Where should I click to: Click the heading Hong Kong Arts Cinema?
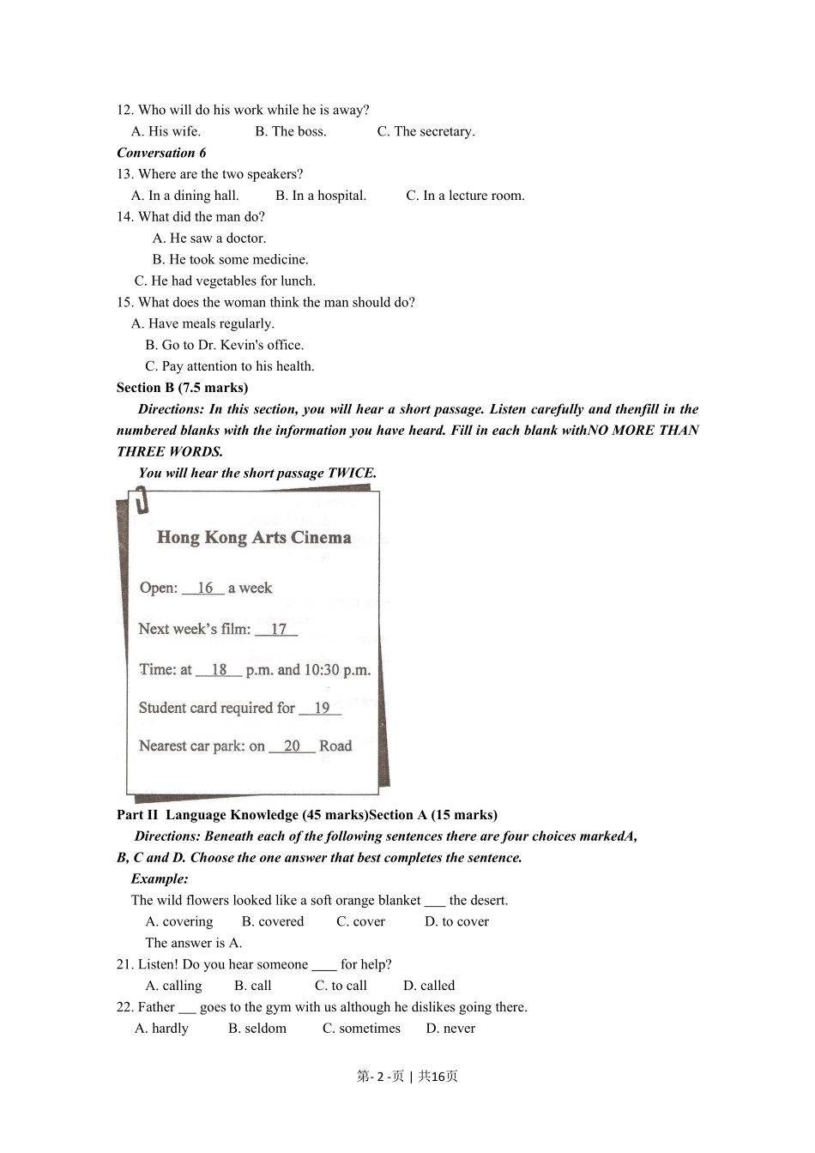[x=254, y=538]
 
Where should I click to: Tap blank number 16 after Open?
[x=204, y=589]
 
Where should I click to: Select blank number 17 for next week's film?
[x=277, y=630]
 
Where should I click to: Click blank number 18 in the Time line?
[x=219, y=670]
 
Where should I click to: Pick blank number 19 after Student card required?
[x=321, y=709]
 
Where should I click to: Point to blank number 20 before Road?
[x=292, y=746]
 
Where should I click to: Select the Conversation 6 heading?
[x=161, y=153]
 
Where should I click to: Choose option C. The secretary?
[x=426, y=131]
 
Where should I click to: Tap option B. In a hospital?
[x=321, y=196]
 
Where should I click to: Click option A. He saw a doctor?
[x=209, y=238]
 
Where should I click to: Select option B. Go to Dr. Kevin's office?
[x=225, y=345]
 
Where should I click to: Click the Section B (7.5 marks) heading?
[x=182, y=388]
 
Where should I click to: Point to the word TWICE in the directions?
[x=352, y=473]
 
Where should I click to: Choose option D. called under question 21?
[x=429, y=986]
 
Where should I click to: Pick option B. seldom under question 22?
[x=257, y=1029]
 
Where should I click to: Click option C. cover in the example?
[x=360, y=921]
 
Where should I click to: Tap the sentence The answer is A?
[x=194, y=943]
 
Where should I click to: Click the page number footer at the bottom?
[x=407, y=1077]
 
